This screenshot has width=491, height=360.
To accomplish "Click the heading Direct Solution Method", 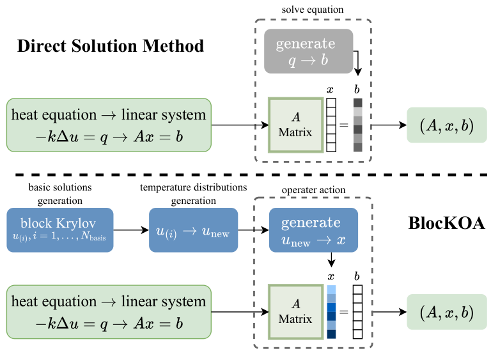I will tap(111, 46).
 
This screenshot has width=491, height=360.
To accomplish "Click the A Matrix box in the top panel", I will tap(295, 124).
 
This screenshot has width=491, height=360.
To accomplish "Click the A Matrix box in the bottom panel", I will tap(295, 312).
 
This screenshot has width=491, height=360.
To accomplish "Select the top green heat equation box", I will tap(109, 124).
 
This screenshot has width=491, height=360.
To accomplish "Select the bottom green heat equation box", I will tap(109, 312).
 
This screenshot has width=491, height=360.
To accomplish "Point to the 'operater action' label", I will tap(313, 191).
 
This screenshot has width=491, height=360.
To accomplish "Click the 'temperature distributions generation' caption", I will tap(192, 193).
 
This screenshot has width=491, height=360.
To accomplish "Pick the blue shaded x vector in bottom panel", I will tap(331, 313).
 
